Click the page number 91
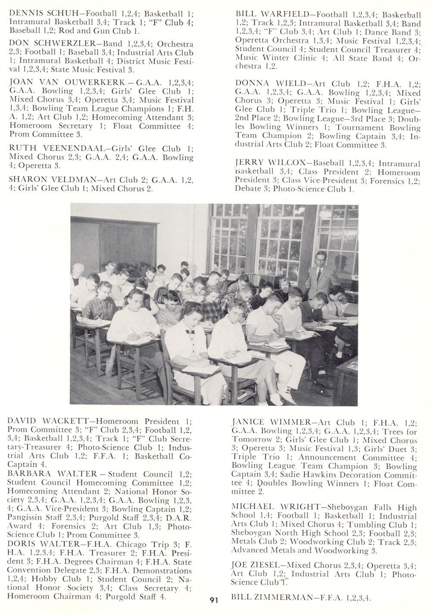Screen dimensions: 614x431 click(214, 600)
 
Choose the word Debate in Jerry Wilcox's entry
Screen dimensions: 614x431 click(248, 189)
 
